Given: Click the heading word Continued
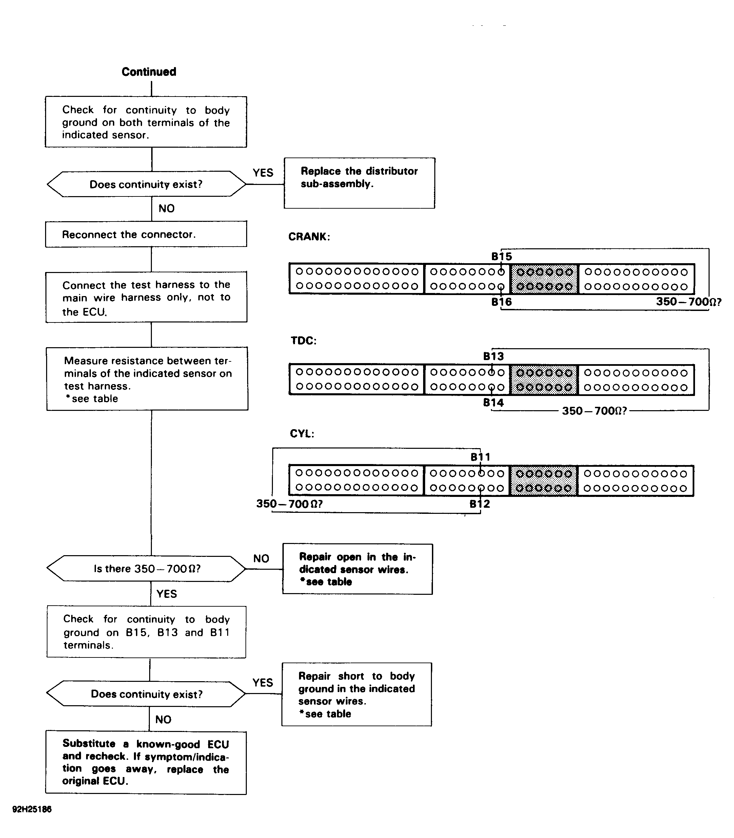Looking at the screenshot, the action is click(149, 72).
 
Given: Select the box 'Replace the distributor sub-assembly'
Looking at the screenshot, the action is click(359, 183).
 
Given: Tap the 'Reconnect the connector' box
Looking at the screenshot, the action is click(146, 234).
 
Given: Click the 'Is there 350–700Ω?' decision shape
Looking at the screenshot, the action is click(146, 569).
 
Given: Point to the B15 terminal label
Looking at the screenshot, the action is click(502, 256).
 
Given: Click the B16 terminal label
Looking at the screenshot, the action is click(502, 302).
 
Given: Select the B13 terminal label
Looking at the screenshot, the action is click(494, 356).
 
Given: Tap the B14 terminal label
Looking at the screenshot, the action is click(494, 403).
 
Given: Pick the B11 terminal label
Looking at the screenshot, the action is click(480, 457).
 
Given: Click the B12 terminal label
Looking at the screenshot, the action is click(480, 504).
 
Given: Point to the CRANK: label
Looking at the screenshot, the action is click(309, 237).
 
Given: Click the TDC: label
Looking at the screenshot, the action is click(303, 341).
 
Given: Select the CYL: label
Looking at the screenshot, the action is click(302, 434).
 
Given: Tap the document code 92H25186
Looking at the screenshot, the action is click(32, 809).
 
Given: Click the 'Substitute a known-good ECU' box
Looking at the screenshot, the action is click(146, 763).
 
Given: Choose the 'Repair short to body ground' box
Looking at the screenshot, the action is click(357, 694).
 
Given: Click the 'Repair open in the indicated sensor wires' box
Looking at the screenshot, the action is click(358, 569).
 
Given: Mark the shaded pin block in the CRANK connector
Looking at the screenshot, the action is click(544, 279).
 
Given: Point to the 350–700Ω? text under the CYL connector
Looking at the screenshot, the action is click(290, 504).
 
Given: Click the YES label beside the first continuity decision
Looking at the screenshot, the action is click(263, 173).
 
